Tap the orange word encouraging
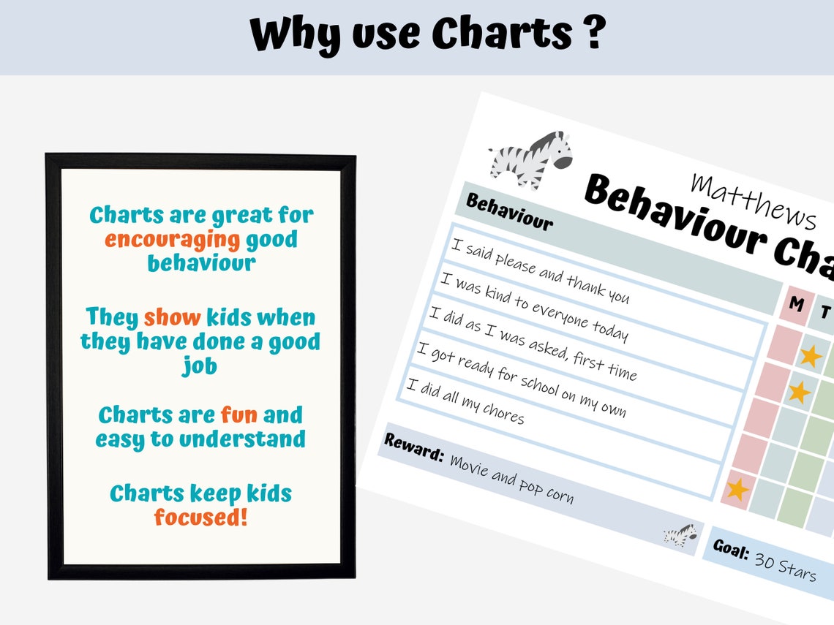pyautogui.click(x=172, y=239)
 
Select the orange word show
pyautogui.click(x=172, y=317)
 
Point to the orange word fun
pyautogui.click(x=239, y=415)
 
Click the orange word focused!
pyautogui.click(x=200, y=518)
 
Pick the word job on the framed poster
pyautogui.click(x=200, y=365)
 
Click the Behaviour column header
pyautogui.click(x=509, y=213)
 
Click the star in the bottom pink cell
pyautogui.click(x=737, y=488)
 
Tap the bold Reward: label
pyautogui.click(x=414, y=447)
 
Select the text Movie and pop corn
pyautogui.click(x=511, y=480)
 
